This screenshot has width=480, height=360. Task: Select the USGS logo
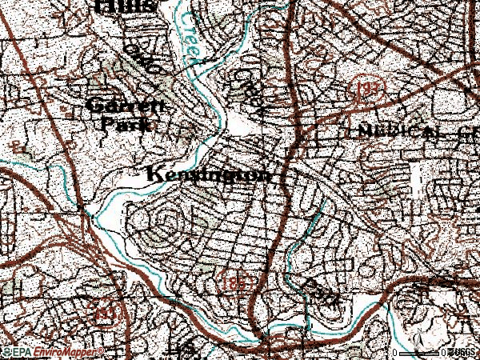(x=463, y=352)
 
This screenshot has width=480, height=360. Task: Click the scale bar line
(x=419, y=352)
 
